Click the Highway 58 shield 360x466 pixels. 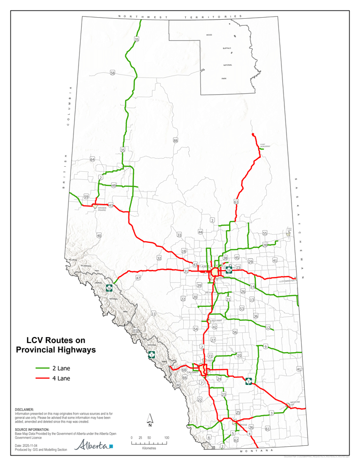point(112,74)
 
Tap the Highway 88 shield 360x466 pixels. point(175,140)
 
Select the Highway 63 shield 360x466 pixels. point(236,202)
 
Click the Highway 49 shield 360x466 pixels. point(114,185)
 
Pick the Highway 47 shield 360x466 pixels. point(138,278)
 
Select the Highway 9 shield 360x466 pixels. point(265,347)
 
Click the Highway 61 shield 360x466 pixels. point(268,429)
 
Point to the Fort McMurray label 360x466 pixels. point(265,146)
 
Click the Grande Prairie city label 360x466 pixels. point(102,209)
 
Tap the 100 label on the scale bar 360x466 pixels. point(166,438)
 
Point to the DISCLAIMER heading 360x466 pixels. point(25,410)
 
